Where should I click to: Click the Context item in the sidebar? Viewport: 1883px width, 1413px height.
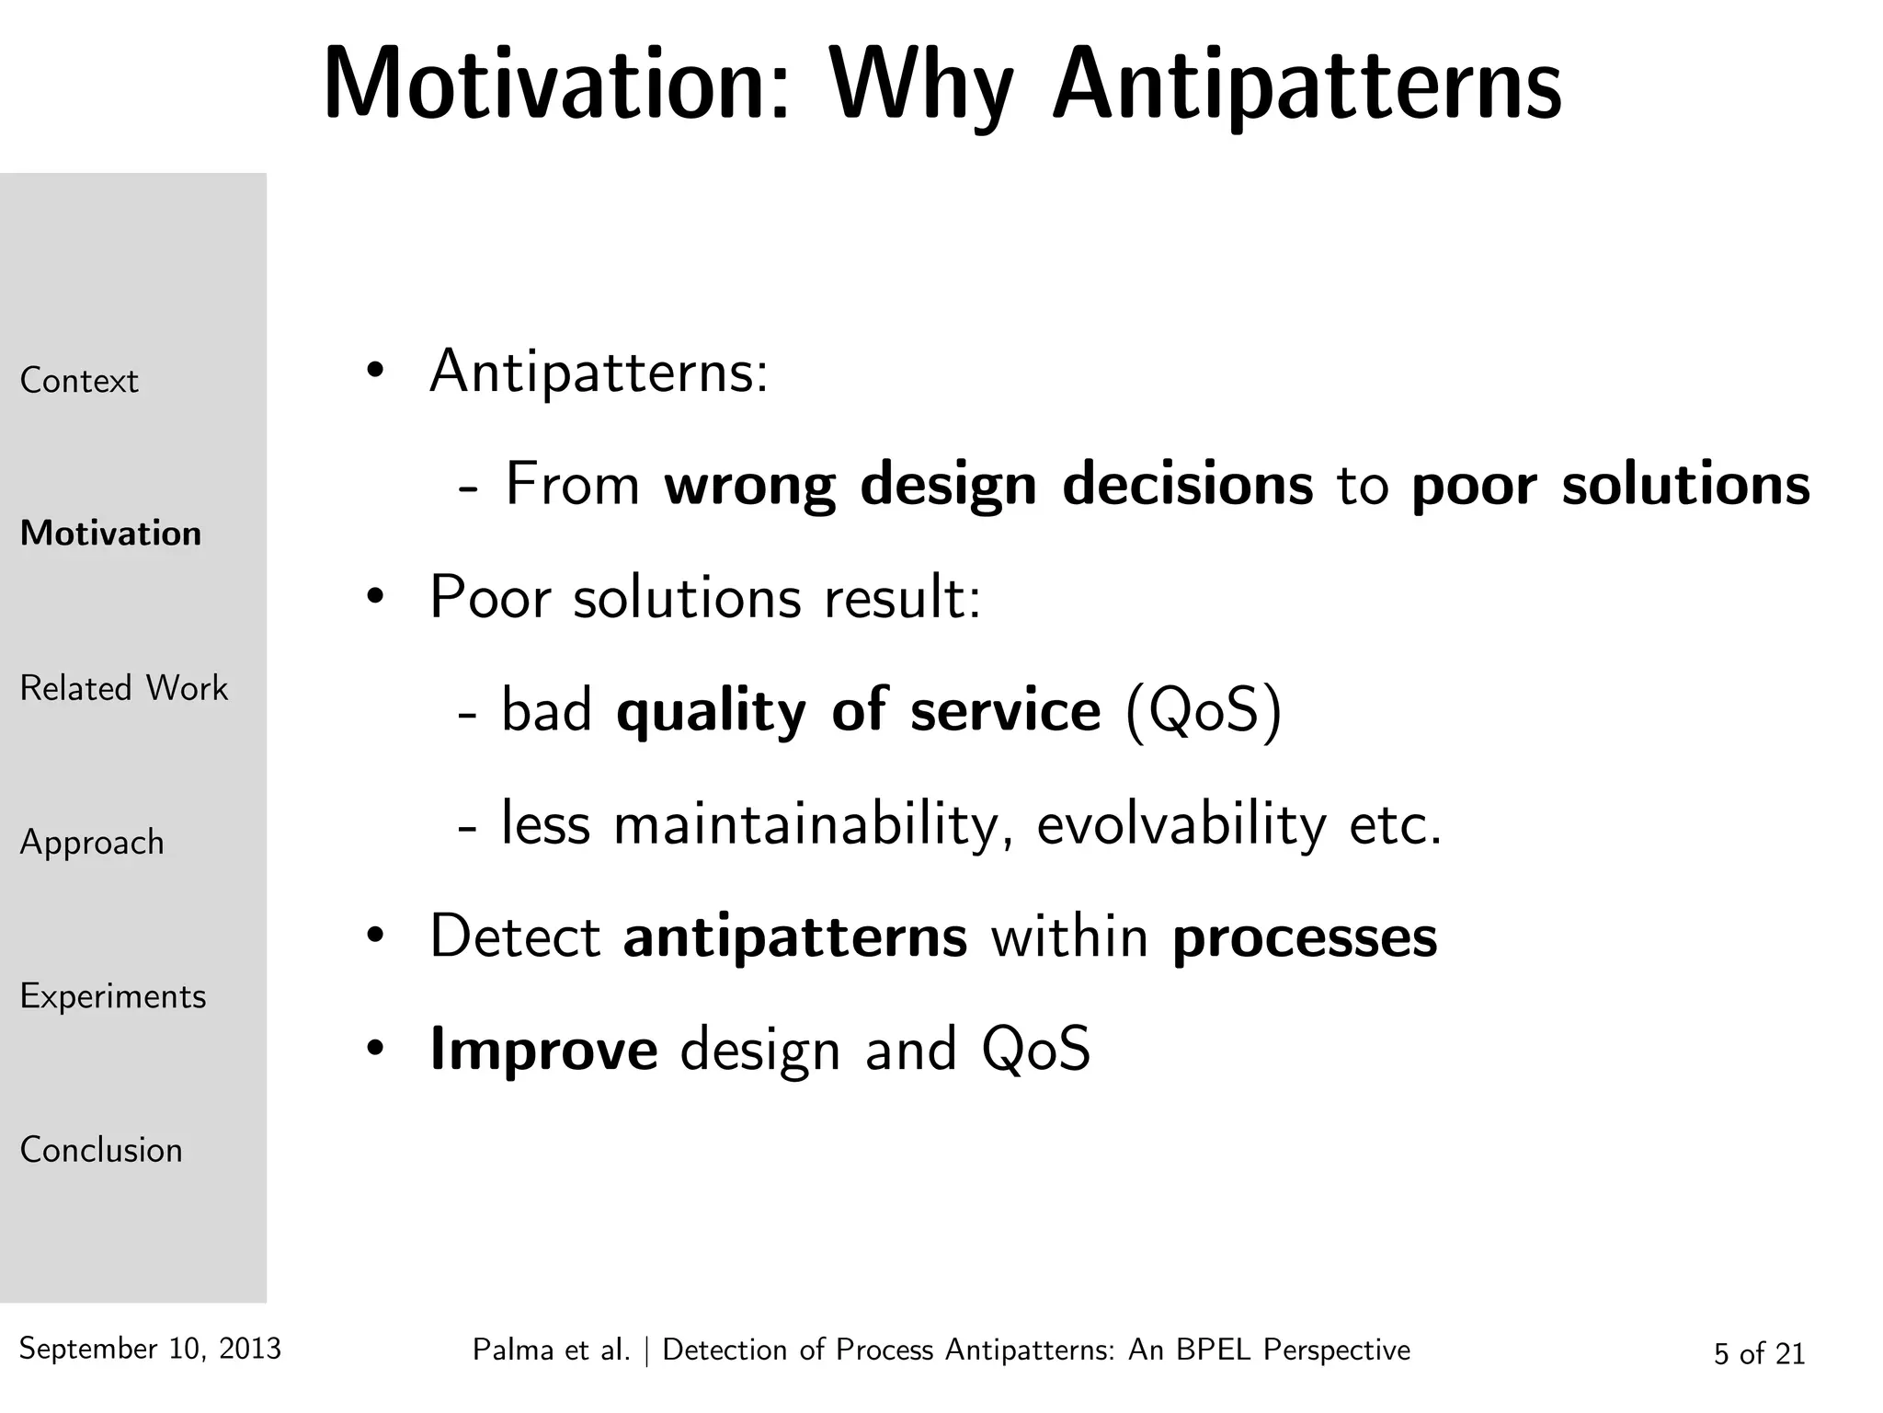(79, 381)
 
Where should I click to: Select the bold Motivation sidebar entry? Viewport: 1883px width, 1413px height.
(110, 534)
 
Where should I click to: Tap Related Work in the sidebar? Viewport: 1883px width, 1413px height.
(123, 688)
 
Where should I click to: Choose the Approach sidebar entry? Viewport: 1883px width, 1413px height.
(92, 843)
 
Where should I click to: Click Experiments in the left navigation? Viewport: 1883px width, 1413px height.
(113, 996)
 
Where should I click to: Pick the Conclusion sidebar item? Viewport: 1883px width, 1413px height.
(101, 1150)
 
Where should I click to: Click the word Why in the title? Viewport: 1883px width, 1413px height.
(921, 87)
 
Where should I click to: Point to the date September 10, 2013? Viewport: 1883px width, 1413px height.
(150, 1349)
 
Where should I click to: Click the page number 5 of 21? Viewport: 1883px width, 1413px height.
(1759, 1353)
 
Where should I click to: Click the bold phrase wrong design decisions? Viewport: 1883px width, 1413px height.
(988, 485)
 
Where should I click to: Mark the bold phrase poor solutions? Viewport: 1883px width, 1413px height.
(1610, 485)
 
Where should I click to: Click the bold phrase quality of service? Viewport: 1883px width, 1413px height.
(858, 711)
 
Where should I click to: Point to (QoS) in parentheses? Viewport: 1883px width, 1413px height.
(1204, 711)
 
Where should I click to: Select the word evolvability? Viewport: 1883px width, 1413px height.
(1181, 824)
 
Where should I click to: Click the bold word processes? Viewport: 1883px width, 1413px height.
(1305, 937)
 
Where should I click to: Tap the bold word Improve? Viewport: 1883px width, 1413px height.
(543, 1050)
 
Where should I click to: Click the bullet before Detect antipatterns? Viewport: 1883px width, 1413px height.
(373, 937)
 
